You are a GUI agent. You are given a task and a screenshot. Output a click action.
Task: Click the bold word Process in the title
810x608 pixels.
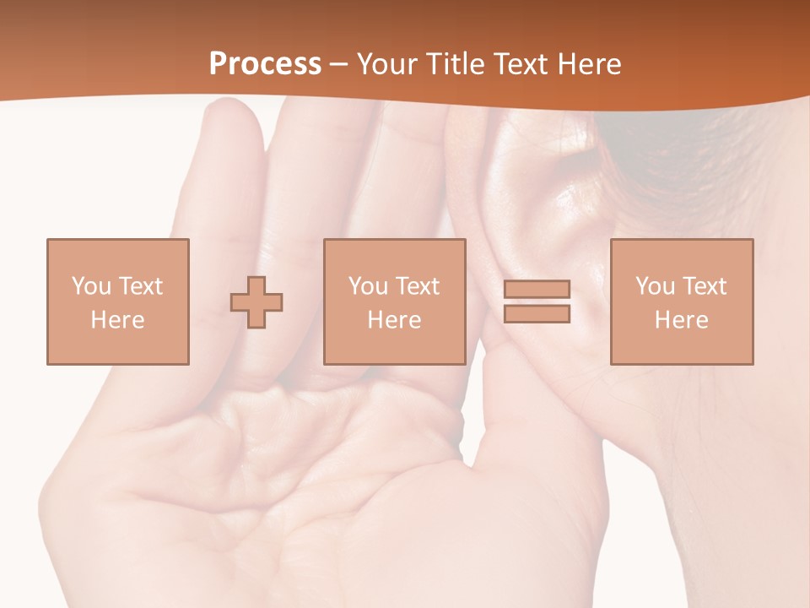[265, 64]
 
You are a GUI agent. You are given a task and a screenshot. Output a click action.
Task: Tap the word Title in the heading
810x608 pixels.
[456, 64]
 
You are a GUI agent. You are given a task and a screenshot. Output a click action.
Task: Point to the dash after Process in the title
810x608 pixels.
[338, 65]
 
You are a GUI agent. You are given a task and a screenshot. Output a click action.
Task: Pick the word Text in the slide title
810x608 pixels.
[520, 64]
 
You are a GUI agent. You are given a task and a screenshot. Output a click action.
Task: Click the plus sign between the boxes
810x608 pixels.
[256, 302]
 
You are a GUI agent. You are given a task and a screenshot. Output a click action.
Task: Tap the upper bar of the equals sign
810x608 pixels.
[537, 289]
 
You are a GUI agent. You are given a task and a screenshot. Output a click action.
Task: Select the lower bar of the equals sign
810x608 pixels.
[537, 314]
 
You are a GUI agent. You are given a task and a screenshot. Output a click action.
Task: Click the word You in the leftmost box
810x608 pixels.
[90, 286]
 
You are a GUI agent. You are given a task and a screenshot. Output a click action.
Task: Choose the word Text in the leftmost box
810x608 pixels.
[140, 286]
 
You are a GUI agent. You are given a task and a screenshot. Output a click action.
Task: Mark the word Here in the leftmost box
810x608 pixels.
[117, 320]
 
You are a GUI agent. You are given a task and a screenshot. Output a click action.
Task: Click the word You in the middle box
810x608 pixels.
[368, 286]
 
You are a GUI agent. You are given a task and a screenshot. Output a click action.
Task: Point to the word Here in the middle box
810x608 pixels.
[394, 320]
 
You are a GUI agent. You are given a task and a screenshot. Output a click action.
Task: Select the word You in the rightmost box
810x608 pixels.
[655, 286]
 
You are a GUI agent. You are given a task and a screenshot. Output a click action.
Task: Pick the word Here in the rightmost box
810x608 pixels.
[681, 320]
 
